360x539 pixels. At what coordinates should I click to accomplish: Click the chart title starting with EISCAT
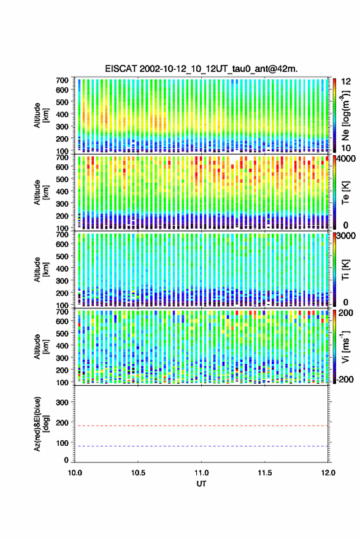pyautogui.click(x=201, y=69)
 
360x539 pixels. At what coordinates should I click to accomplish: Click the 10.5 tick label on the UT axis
pyautogui.click(x=138, y=473)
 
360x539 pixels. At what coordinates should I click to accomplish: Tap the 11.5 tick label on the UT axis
pyautogui.click(x=264, y=473)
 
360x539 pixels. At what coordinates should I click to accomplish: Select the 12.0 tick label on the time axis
pyautogui.click(x=328, y=473)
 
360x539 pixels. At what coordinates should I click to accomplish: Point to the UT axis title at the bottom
pyautogui.click(x=201, y=484)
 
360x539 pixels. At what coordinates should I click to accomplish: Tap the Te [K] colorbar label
pyautogui.click(x=345, y=193)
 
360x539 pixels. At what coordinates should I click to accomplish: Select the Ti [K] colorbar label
pyautogui.click(x=345, y=270)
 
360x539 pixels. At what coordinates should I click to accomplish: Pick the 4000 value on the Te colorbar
pyautogui.click(x=347, y=159)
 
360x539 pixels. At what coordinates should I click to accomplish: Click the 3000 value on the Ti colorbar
pyautogui.click(x=347, y=236)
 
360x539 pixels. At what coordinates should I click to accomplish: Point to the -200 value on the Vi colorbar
pyautogui.click(x=345, y=380)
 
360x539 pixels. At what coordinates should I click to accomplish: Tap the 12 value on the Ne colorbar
pyautogui.click(x=346, y=82)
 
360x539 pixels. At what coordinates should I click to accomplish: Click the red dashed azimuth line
pyautogui.click(x=201, y=426)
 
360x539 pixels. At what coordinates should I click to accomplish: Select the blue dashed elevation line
pyautogui.click(x=201, y=446)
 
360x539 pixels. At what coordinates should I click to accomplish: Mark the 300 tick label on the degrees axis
pyautogui.click(x=62, y=402)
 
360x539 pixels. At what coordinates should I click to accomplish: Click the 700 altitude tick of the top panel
pyautogui.click(x=62, y=80)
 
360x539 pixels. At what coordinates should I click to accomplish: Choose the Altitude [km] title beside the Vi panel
pyautogui.click(x=41, y=346)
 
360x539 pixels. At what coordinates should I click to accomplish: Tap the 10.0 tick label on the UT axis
pyautogui.click(x=75, y=473)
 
